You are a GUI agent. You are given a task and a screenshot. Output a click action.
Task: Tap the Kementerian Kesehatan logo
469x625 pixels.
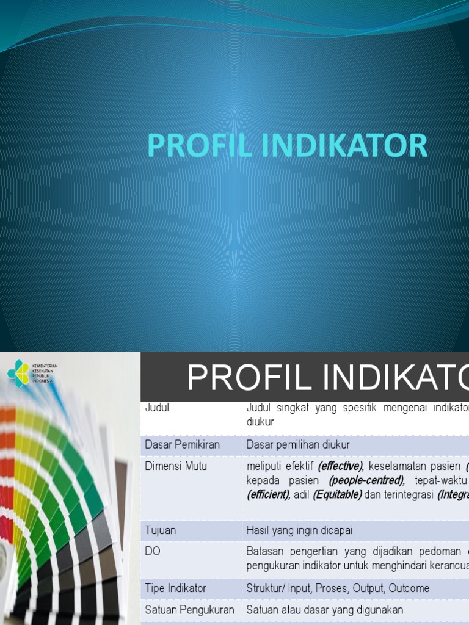click(19, 373)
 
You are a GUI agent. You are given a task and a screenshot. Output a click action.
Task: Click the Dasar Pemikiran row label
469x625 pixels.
click(182, 444)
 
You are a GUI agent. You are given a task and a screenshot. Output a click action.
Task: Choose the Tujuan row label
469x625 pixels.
click(160, 530)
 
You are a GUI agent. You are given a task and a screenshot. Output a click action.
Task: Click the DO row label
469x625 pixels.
click(152, 551)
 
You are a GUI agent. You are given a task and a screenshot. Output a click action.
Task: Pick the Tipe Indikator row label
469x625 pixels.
click(175, 588)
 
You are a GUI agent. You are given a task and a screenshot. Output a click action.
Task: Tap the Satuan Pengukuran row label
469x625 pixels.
click(189, 610)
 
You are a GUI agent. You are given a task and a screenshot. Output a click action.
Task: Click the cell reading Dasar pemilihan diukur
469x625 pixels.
click(298, 444)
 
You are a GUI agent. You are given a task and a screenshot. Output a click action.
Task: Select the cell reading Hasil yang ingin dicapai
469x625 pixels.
click(299, 530)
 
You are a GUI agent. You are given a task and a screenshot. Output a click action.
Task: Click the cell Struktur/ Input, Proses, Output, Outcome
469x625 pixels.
click(338, 588)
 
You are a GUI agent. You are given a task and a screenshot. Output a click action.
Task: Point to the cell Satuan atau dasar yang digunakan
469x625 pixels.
click(324, 610)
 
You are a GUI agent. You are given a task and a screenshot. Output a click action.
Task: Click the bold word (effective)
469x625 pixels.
click(340, 466)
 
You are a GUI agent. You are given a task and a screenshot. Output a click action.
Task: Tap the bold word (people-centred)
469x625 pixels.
click(366, 480)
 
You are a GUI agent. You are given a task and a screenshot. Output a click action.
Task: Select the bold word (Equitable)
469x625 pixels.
click(337, 494)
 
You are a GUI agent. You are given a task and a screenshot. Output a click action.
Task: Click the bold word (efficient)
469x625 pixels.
click(268, 494)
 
